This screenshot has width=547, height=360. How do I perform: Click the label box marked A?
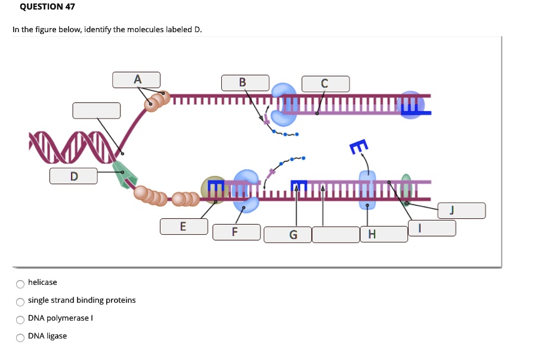coord(137,79)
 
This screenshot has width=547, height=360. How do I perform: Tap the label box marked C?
coord(325,83)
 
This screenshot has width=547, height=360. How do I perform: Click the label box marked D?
coord(73,176)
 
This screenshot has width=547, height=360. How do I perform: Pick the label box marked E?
coord(183,226)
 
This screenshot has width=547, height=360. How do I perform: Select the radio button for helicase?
coord(20,283)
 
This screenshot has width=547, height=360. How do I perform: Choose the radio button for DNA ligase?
coord(20,337)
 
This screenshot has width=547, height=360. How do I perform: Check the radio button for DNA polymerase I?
coord(20,319)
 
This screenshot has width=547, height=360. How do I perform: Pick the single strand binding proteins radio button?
coord(20,301)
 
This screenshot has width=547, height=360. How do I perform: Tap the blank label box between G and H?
coord(335,234)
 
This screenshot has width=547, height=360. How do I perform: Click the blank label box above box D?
coord(96,110)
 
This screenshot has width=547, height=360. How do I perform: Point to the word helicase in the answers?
coord(42,283)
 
